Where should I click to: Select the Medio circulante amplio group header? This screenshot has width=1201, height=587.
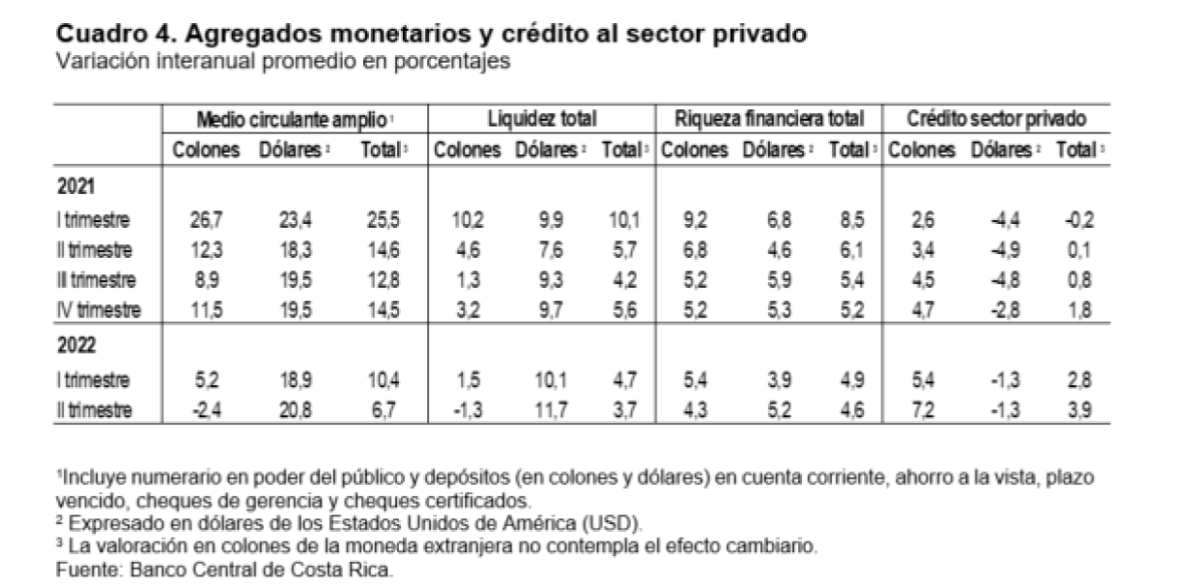click(x=293, y=119)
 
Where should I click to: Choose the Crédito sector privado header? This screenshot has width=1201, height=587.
click(x=996, y=119)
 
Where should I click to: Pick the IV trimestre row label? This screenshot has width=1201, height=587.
click(x=99, y=311)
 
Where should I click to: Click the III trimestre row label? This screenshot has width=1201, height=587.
click(x=98, y=280)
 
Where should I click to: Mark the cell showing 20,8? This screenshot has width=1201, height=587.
click(x=291, y=410)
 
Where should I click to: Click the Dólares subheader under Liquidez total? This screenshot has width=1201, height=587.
click(x=546, y=151)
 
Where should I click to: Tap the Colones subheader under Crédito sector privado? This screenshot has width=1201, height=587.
click(x=922, y=151)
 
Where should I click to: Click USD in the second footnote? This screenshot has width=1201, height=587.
click(x=616, y=523)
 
